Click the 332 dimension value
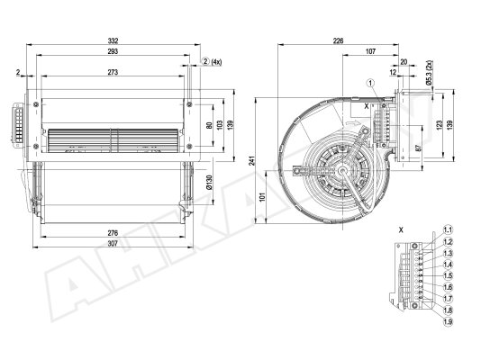point(113,40)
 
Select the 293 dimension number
point(113,51)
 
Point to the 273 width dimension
point(113,72)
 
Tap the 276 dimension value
point(113,233)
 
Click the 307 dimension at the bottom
point(113,244)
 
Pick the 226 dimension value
point(338,40)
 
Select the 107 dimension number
point(370,51)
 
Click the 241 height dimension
point(252,161)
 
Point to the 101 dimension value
point(262,197)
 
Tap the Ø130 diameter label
point(210,183)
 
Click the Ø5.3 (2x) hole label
point(429,73)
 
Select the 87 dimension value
point(420,147)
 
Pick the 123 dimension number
point(440,124)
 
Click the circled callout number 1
point(371,83)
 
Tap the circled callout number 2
point(205,61)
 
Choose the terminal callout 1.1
point(449,230)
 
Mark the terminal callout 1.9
point(449,321)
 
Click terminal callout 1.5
point(449,275)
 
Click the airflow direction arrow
point(351,123)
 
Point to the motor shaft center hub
point(342,170)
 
